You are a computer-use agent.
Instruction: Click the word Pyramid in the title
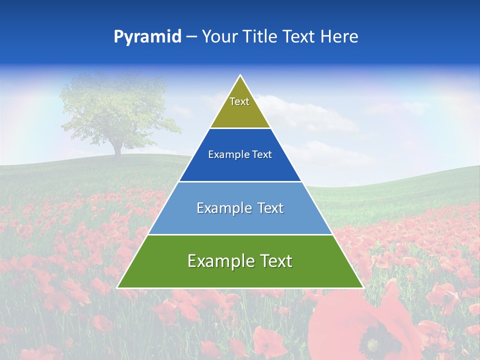point(147,37)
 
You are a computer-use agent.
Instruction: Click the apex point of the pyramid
point(240,76)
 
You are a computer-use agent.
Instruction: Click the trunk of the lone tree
point(118,148)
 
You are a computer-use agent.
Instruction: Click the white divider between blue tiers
point(240,181)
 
